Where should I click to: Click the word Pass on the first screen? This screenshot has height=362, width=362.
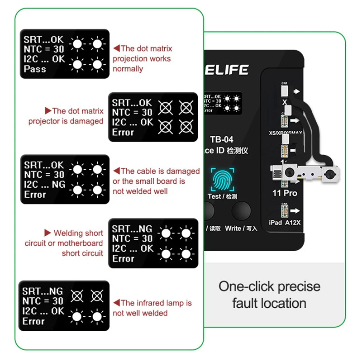35,69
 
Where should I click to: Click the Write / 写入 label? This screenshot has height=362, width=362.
241,229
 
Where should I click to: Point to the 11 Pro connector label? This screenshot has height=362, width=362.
285,193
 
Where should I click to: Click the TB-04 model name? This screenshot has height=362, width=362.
222,140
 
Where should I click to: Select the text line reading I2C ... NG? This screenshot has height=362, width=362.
44,185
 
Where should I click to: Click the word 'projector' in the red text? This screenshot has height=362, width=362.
43,121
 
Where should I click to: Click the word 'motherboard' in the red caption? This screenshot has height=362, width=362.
81,243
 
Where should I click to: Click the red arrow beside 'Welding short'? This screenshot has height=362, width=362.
48,233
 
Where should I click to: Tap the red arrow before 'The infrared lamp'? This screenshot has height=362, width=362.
116,303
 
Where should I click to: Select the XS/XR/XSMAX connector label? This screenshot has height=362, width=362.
285,133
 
